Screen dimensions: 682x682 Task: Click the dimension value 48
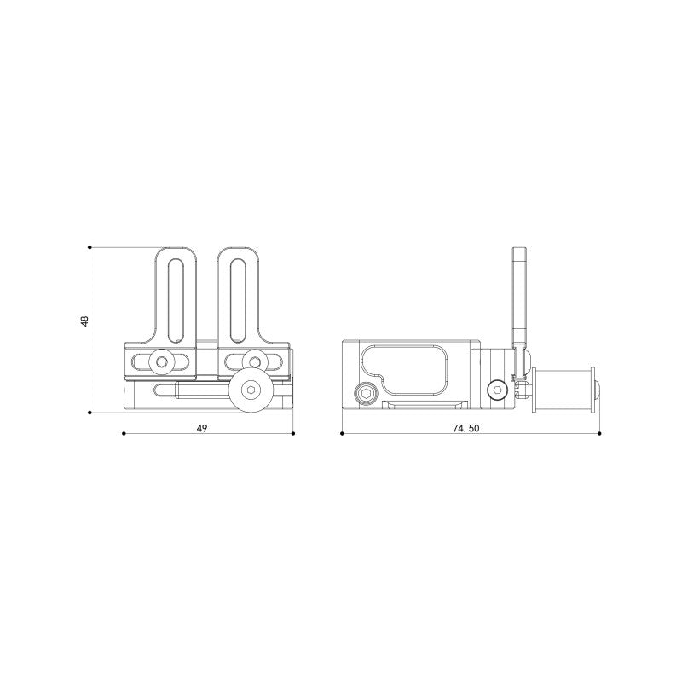point(84,321)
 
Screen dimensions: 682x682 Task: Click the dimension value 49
point(202,428)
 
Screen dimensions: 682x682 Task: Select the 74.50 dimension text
point(466,429)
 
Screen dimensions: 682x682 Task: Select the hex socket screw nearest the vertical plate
point(497,390)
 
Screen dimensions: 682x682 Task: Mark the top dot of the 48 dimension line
point(90,247)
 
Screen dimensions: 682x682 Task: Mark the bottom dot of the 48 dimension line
point(90,413)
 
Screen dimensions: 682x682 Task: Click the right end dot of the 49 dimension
point(293,434)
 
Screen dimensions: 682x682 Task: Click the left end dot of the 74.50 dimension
point(341,434)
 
